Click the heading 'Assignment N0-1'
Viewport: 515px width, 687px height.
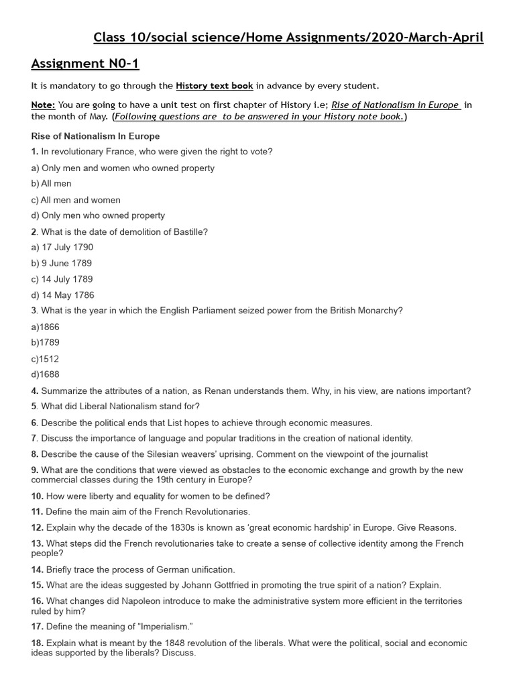[x=85, y=64]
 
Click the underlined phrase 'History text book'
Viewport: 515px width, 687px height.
[x=214, y=85]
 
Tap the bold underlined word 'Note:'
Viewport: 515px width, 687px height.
[x=44, y=105]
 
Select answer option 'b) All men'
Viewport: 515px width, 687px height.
[x=51, y=183]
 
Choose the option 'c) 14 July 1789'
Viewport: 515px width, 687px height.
[x=62, y=279]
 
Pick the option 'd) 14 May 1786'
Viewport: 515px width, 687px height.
[x=63, y=295]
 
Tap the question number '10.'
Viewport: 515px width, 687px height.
[x=38, y=496]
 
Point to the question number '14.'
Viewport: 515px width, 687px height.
[x=38, y=569]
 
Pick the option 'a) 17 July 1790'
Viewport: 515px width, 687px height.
[x=62, y=248]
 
